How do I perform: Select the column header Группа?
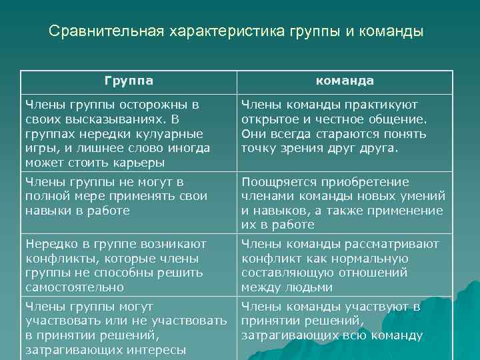pyautogui.click(x=129, y=81)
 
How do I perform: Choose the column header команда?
pyautogui.click(x=345, y=81)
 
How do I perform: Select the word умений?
pyautogui.click(x=423, y=196)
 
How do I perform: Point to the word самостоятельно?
pyautogui.click(x=74, y=287)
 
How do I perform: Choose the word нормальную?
pyautogui.click(x=371, y=259)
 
